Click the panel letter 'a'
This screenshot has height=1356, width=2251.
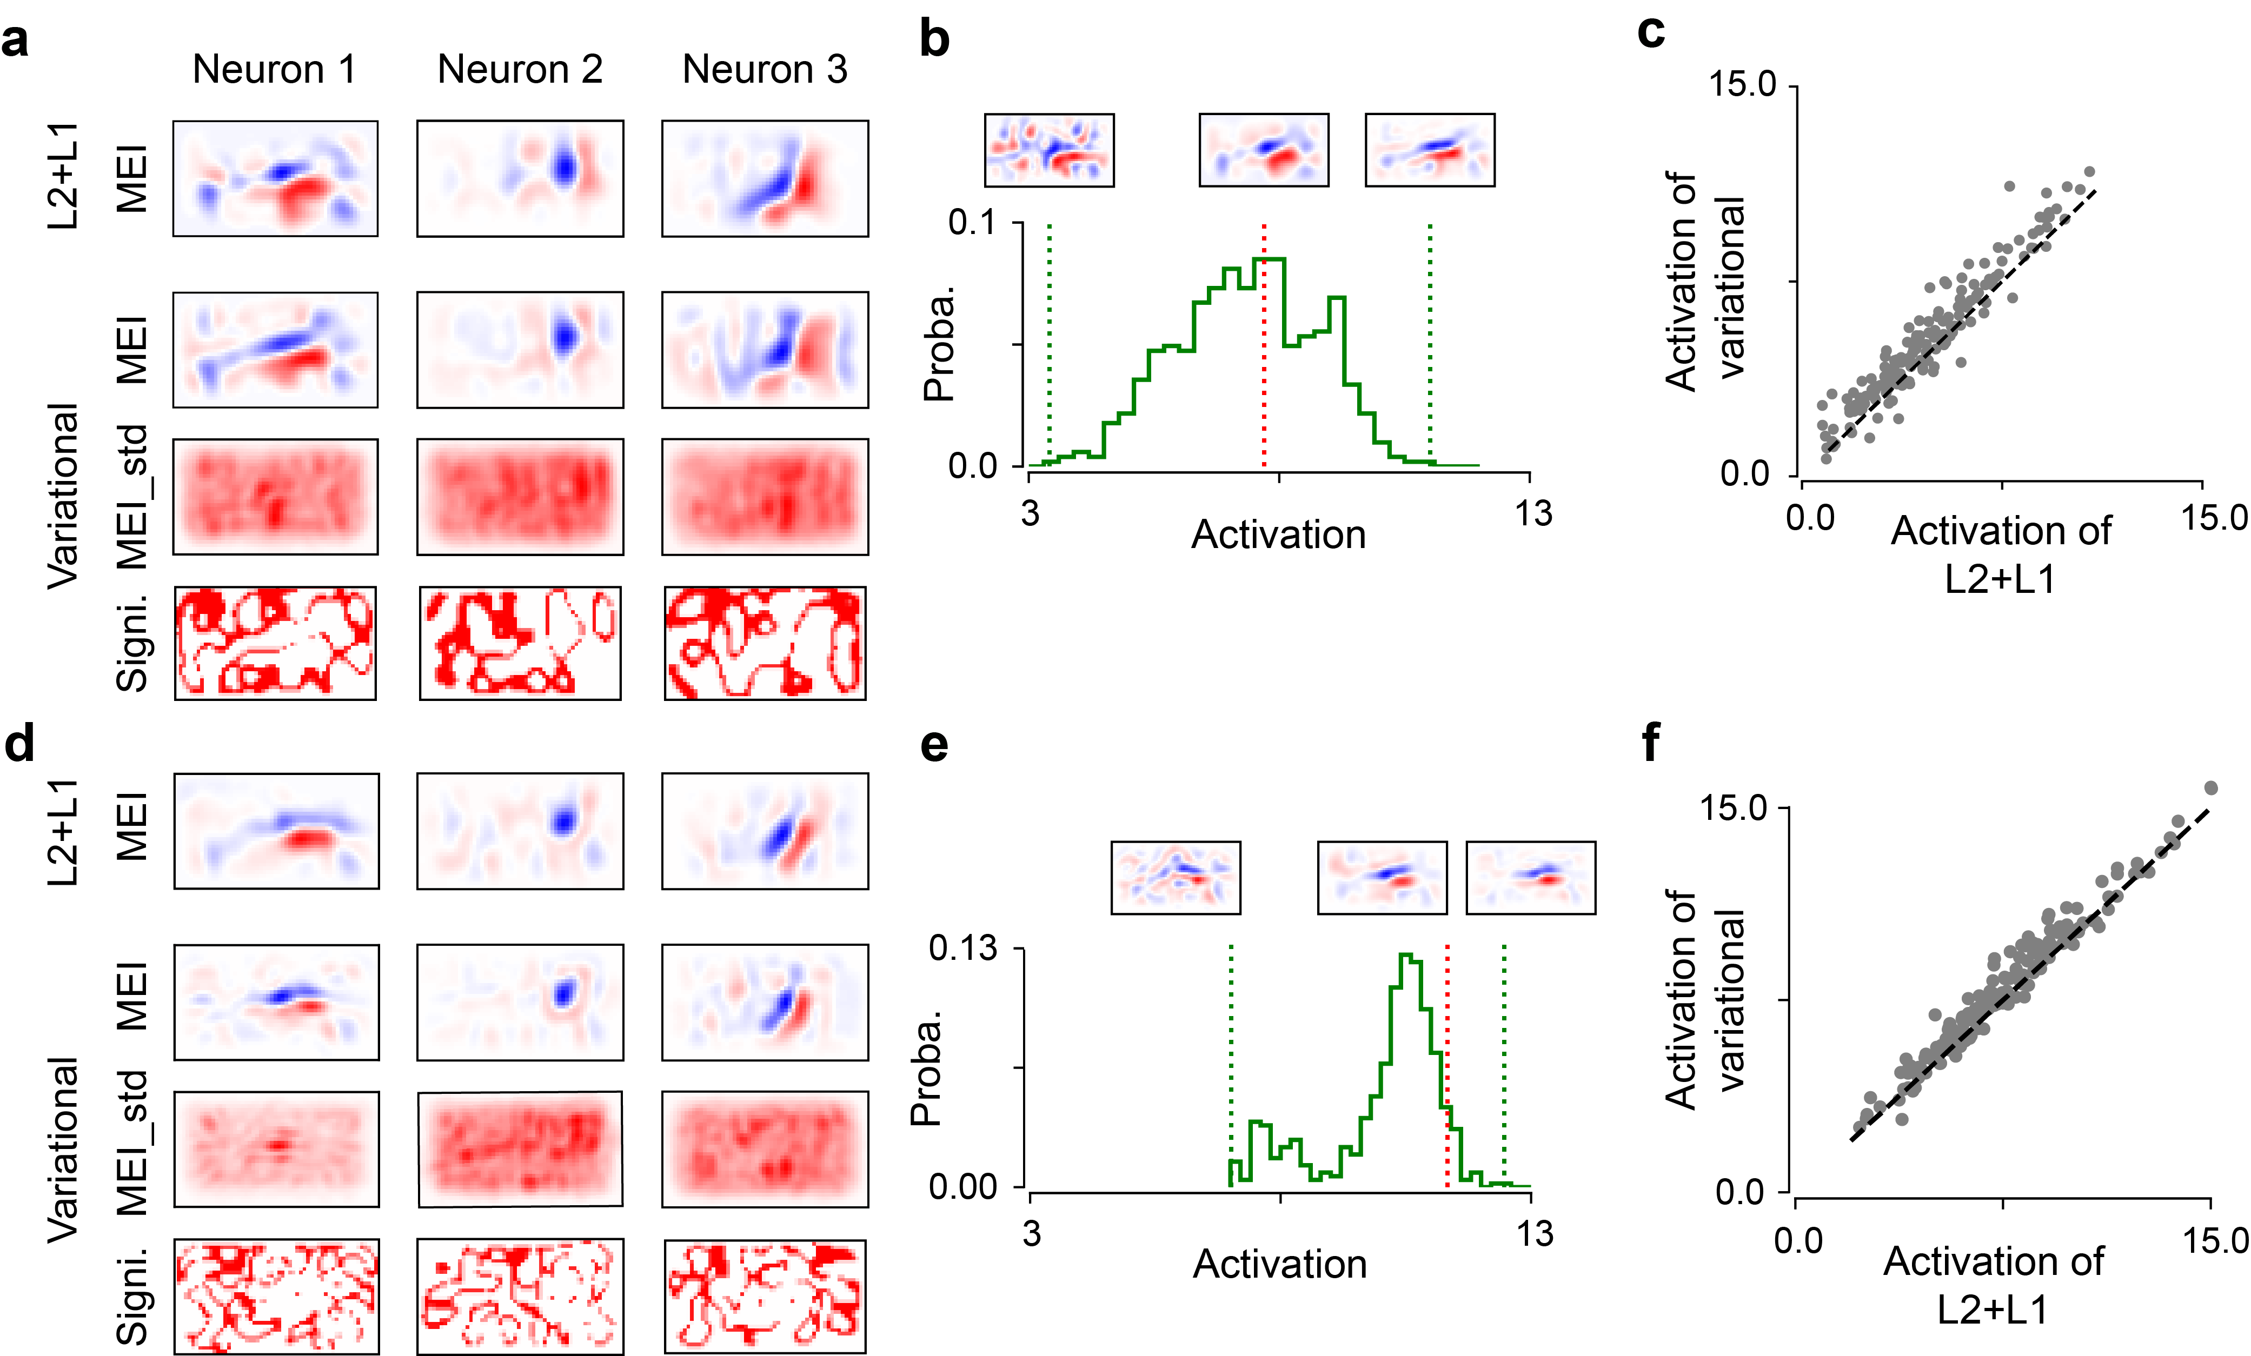click(16, 41)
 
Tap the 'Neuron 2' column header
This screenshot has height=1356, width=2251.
click(520, 69)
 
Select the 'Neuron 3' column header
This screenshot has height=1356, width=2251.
click(765, 69)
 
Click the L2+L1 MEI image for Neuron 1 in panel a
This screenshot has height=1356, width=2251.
click(275, 178)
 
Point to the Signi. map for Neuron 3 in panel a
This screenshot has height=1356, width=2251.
click(765, 643)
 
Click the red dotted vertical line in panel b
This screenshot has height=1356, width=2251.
click(1264, 347)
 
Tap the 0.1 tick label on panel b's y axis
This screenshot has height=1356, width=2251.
click(972, 222)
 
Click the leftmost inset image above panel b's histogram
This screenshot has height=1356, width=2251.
click(1049, 150)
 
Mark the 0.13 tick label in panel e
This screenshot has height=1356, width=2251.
click(963, 948)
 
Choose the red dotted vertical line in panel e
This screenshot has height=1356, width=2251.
click(1447, 1068)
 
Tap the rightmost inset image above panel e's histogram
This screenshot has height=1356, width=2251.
click(1530, 877)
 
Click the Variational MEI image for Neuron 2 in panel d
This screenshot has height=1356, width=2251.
click(520, 1001)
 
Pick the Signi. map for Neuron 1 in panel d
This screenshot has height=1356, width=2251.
click(276, 1295)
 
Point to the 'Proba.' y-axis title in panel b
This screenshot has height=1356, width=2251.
click(938, 343)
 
